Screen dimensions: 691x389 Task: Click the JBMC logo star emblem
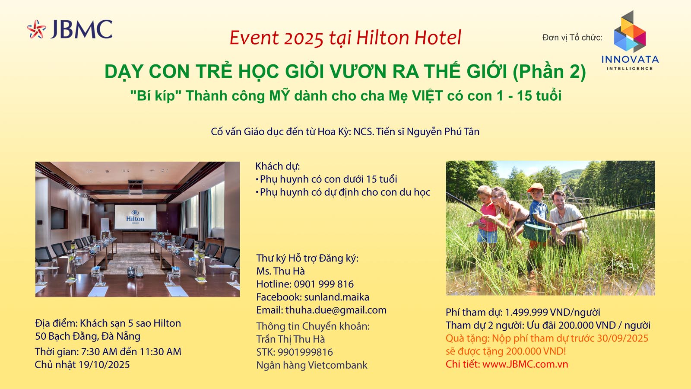[36, 29]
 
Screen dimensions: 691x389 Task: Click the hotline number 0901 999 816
[323, 284]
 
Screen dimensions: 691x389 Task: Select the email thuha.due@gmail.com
[336, 310]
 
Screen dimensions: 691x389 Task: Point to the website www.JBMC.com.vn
[525, 364]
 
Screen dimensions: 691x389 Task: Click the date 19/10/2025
[104, 365]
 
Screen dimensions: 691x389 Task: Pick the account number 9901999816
[305, 352]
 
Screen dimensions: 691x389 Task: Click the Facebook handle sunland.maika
[336, 297]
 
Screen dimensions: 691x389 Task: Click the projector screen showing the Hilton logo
[135, 217]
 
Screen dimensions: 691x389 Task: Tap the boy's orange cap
[535, 187]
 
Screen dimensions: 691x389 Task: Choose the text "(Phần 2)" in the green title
[549, 72]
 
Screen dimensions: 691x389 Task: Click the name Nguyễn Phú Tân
[443, 132]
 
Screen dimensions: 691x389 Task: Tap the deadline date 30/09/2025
[622, 338]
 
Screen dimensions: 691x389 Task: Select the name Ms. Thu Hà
[280, 271]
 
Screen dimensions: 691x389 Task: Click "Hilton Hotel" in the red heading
[409, 38]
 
